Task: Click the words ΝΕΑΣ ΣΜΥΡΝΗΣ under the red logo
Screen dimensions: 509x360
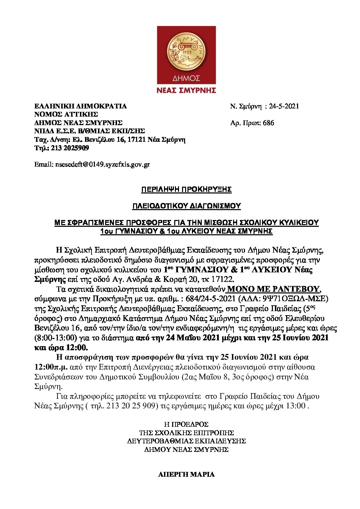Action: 186,90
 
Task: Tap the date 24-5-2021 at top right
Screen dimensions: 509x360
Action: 284,106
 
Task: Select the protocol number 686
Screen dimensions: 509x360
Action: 268,123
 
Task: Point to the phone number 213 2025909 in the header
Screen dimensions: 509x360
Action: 70,148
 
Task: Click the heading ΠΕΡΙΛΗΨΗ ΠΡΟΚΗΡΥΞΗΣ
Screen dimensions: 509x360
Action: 186,189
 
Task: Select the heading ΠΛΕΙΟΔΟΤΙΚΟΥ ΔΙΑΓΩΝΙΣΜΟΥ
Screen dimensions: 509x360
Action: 186,206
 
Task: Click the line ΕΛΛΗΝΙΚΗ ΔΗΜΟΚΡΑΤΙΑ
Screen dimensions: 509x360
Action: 80,106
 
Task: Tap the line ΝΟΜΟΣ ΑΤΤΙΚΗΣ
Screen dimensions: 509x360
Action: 66,114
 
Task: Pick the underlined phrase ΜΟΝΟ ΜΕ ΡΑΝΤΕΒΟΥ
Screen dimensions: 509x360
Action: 273,289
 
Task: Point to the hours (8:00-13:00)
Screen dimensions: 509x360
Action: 56,338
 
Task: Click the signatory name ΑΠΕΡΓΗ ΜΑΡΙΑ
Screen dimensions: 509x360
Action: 186,474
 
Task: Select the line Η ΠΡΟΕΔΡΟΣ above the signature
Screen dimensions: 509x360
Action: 186,424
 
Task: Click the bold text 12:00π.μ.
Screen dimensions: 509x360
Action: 51,367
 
